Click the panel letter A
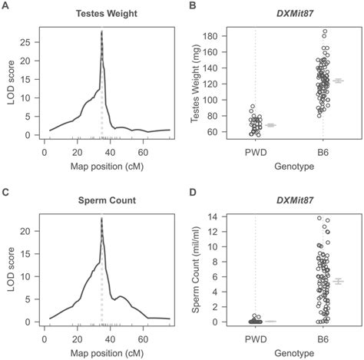(x=5, y=6)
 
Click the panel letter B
(x=193, y=6)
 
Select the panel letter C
(x=5, y=192)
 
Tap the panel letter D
(x=193, y=192)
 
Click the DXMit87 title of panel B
(x=289, y=14)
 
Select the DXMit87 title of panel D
(x=289, y=200)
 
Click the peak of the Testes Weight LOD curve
(x=101, y=31)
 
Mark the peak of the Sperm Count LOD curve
(x=101, y=218)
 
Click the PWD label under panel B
(x=256, y=150)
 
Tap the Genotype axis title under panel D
(x=289, y=349)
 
